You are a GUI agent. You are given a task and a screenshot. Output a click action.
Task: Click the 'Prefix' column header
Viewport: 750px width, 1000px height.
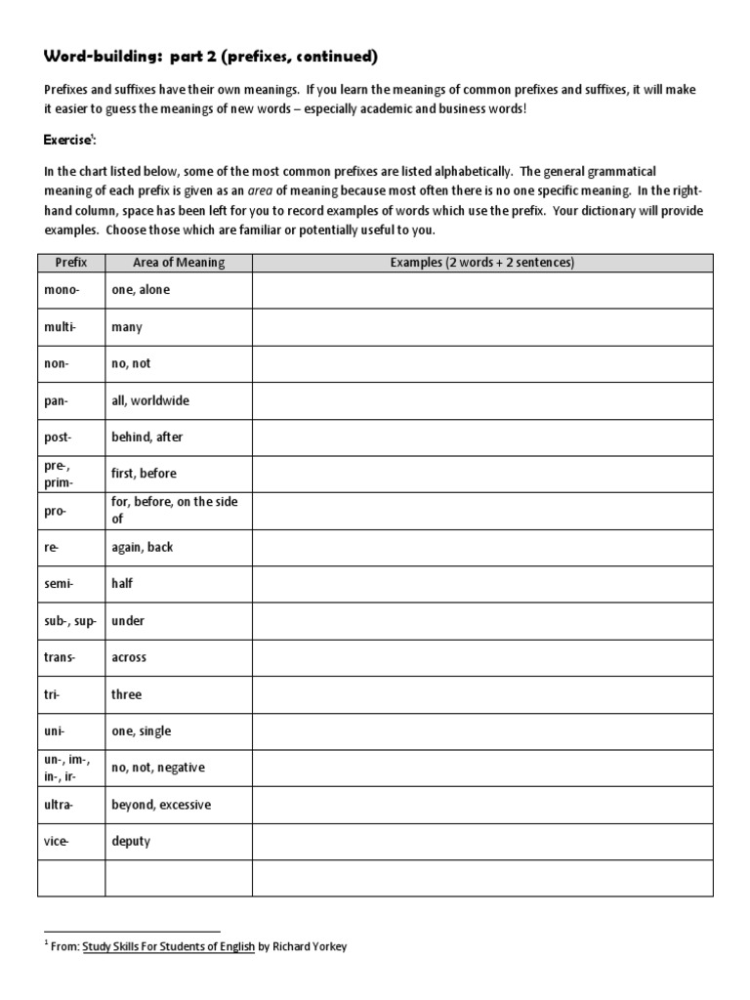coord(71,263)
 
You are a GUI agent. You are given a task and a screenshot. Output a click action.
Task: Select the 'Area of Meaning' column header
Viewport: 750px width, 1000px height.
coord(179,263)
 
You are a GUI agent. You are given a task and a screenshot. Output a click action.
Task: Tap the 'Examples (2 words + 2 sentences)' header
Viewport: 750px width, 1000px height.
coord(482,263)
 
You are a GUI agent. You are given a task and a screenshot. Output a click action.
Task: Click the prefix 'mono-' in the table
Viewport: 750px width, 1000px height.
coord(61,290)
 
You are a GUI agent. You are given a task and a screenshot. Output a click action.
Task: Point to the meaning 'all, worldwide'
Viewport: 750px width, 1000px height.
coord(150,400)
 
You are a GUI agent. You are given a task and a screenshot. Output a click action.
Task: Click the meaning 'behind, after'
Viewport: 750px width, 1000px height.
coord(147,437)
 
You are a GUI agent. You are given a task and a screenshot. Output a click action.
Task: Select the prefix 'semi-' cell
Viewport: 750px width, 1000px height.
coord(60,584)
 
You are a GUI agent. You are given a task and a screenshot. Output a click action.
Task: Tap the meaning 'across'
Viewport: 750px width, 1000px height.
coord(130,657)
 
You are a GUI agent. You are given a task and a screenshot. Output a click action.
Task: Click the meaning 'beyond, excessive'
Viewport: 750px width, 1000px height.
coord(161,805)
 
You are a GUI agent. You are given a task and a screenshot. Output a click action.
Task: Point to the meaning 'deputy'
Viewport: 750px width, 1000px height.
coord(132,841)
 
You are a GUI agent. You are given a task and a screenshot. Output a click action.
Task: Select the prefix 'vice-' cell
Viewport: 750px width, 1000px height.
coord(58,841)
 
